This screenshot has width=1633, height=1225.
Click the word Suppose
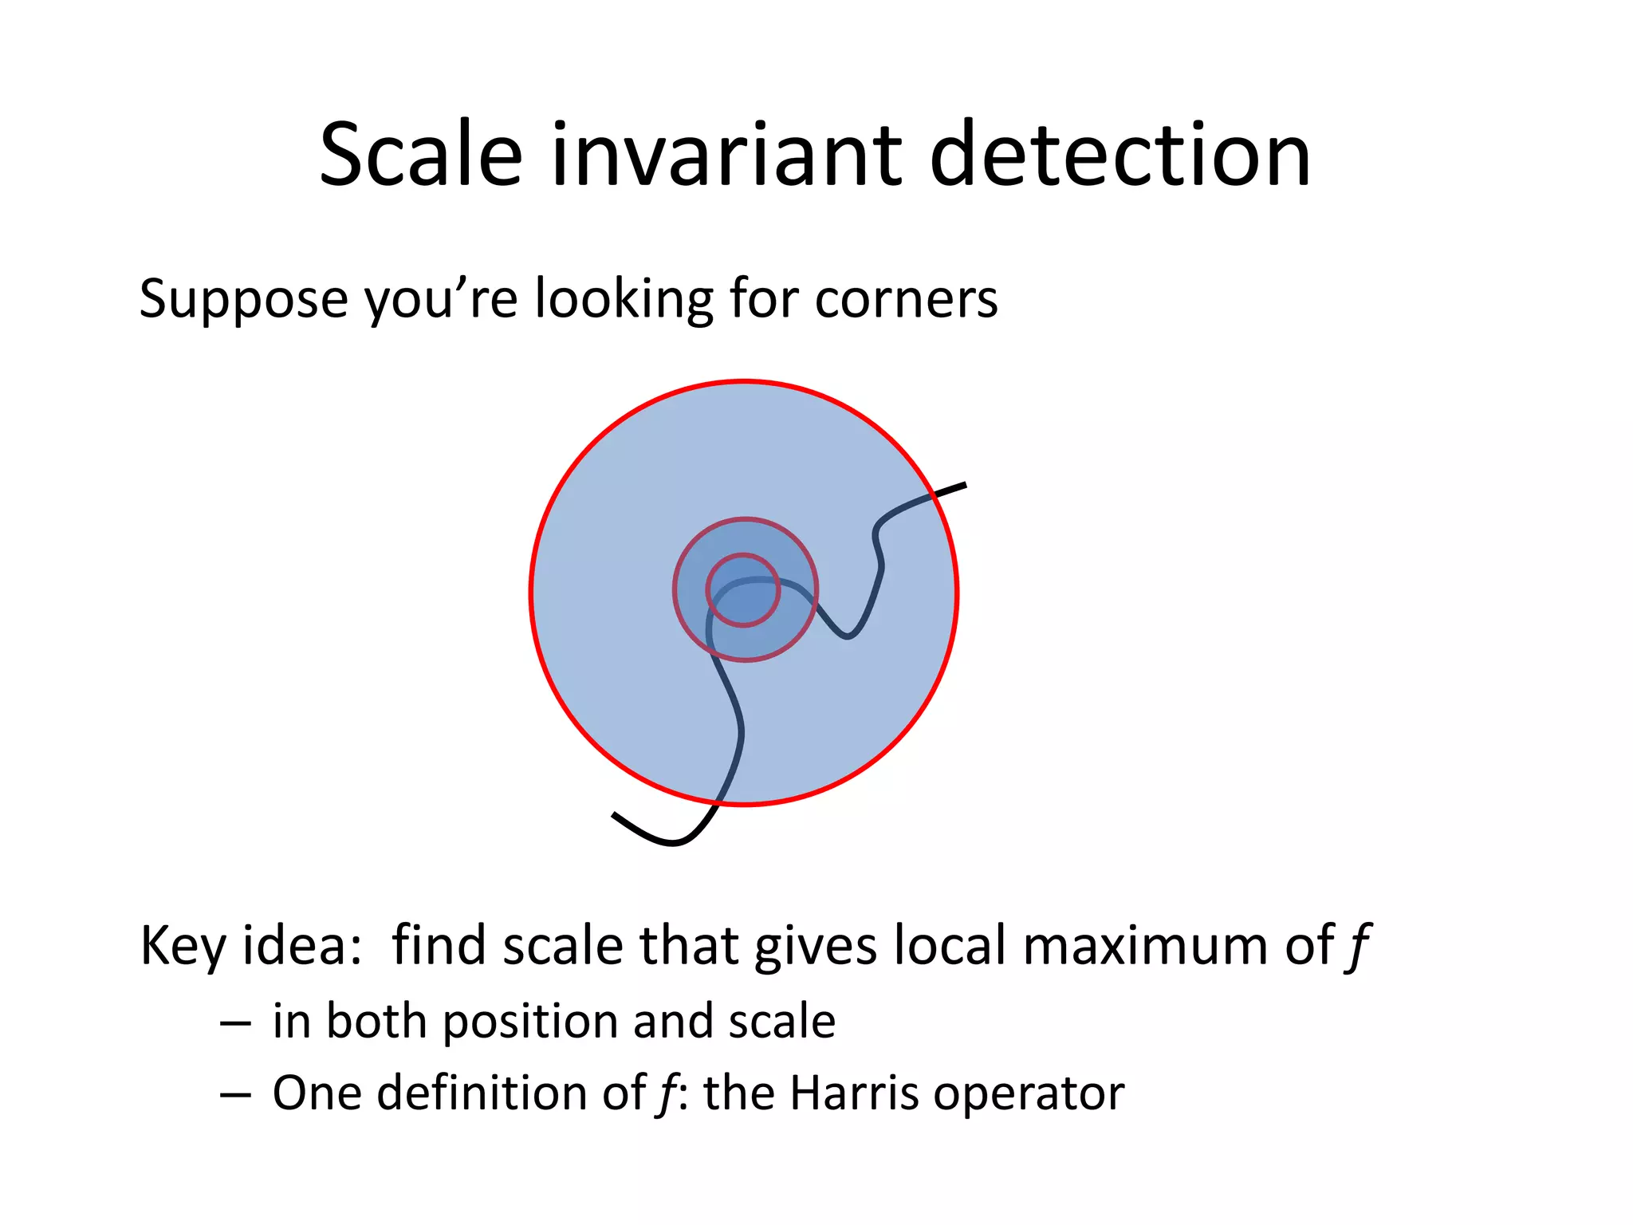point(243,299)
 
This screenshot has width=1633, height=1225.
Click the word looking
point(624,299)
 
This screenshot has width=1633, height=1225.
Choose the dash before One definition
point(235,1095)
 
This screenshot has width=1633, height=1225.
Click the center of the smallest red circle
point(742,590)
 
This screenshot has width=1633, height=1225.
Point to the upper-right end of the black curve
point(965,485)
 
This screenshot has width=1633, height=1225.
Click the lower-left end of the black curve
point(614,814)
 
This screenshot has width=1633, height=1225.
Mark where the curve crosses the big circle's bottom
point(720,801)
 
